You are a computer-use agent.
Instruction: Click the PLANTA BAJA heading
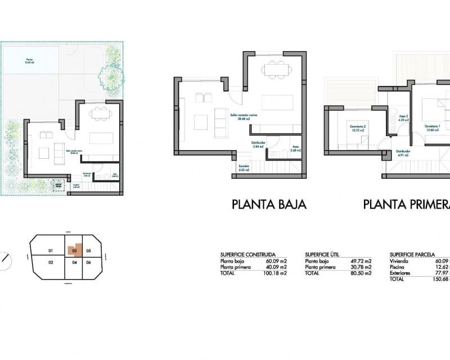click(x=269, y=204)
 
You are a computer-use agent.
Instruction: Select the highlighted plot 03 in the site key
click(x=74, y=251)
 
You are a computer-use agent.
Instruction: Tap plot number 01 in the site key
click(x=50, y=251)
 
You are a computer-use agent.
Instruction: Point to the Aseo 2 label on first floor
click(x=403, y=118)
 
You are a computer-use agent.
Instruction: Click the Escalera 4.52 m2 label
click(x=244, y=168)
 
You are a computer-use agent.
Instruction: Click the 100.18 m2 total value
click(x=276, y=273)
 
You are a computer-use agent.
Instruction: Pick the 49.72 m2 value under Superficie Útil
click(x=361, y=262)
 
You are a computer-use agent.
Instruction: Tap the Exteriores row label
click(x=400, y=273)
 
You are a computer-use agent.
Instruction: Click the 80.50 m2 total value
click(x=361, y=273)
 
